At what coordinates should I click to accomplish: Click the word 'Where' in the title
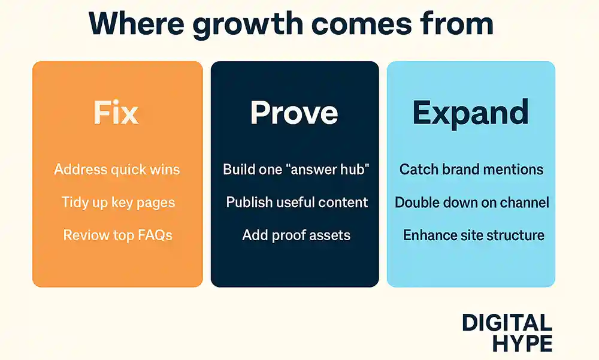[136, 24]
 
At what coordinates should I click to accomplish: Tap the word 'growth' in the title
[247, 26]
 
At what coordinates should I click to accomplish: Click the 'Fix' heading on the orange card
[116, 113]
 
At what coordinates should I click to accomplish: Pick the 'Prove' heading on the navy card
[294, 113]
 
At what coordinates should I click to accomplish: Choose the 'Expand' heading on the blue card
[470, 113]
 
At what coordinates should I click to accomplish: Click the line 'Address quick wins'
[117, 170]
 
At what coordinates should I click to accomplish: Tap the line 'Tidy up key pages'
[118, 202]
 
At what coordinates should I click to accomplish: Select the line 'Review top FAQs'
[117, 235]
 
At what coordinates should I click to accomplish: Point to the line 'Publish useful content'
[297, 202]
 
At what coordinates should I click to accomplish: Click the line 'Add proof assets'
[296, 235]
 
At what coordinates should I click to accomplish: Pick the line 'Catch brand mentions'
[471, 170]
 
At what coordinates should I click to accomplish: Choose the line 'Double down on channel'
[472, 202]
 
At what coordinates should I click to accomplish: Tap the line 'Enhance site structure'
[474, 235]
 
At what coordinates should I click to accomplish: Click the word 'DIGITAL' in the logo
[507, 323]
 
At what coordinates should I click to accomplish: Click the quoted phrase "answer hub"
[329, 170]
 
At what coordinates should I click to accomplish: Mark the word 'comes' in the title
[361, 25]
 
